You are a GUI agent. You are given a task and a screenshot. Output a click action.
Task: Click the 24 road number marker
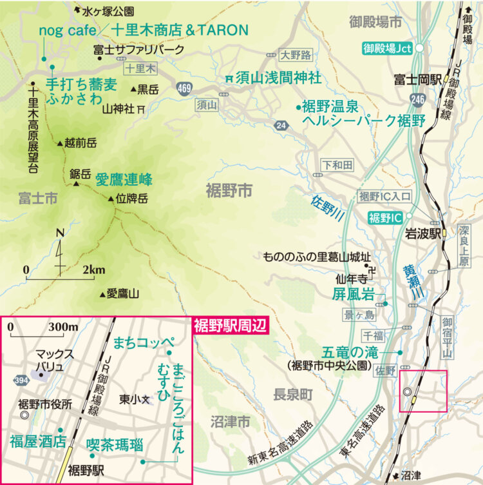tap(279, 125)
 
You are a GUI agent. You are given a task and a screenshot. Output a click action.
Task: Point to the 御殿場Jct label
tap(386, 48)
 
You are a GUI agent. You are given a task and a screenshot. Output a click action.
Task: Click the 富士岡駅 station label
tap(418, 80)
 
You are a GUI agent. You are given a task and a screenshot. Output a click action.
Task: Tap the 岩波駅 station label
tap(422, 233)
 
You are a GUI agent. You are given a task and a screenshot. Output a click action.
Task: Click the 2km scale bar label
tap(93, 270)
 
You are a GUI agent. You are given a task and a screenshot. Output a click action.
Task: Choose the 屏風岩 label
tap(353, 295)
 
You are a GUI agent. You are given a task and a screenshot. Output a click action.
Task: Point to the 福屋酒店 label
tap(38, 441)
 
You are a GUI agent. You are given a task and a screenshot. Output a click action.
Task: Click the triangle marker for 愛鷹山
tap(102, 295)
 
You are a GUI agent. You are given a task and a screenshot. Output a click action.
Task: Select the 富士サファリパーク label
tap(138, 49)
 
